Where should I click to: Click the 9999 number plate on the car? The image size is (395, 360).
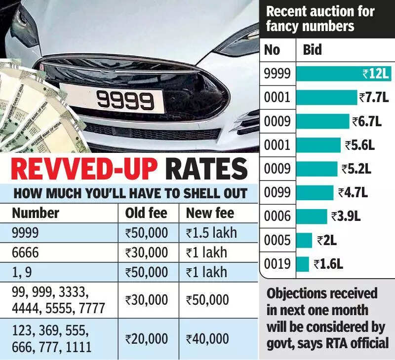[x=124, y=101]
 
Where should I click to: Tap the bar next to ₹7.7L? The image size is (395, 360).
[x=326, y=97]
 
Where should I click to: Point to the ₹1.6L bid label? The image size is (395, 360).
[x=328, y=264]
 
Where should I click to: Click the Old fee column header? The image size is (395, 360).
[x=146, y=213]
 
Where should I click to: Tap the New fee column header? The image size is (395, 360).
[x=210, y=213]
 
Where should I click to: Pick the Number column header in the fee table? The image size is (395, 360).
[x=36, y=213]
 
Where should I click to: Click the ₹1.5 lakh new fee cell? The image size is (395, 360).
[x=211, y=232]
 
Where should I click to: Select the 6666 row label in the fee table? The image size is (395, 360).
[x=25, y=252]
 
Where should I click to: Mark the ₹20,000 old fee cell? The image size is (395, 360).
[x=147, y=339]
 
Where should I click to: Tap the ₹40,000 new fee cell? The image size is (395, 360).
[x=207, y=339]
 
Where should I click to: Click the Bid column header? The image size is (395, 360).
[x=312, y=50]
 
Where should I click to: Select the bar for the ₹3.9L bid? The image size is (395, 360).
[x=312, y=216]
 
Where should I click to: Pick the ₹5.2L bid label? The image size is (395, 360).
[x=356, y=169]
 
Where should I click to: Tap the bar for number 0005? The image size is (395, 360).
[x=304, y=240]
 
